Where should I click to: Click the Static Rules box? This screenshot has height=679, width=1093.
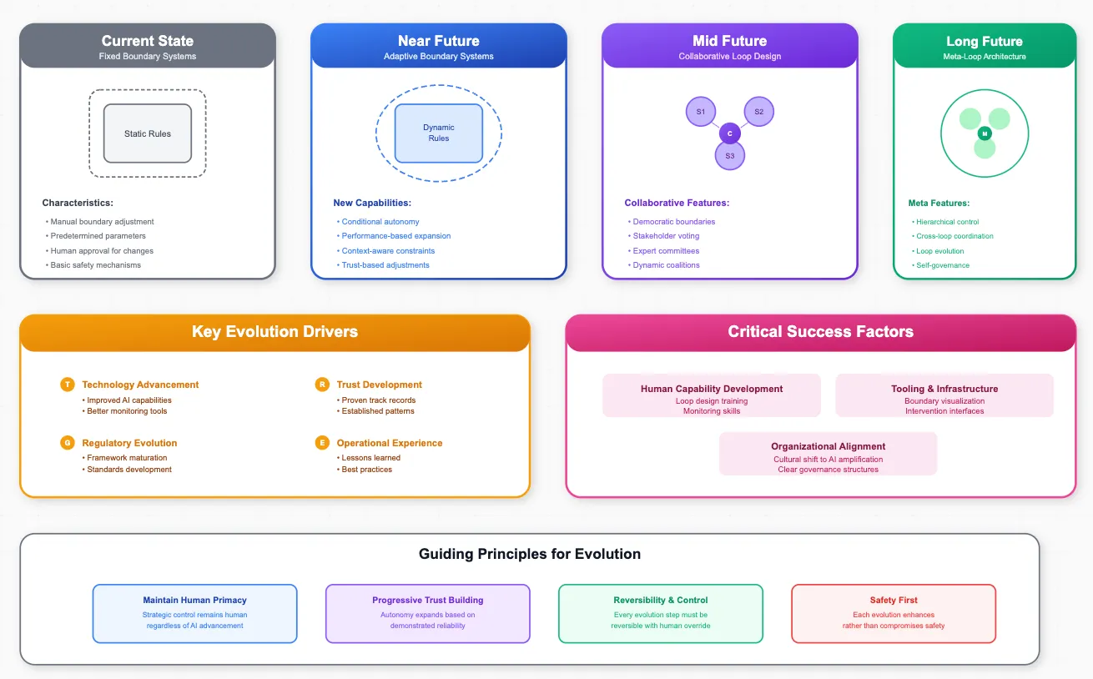[x=148, y=133]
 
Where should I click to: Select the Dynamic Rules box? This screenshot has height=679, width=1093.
[x=439, y=133]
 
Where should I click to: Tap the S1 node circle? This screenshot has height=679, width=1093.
[x=701, y=112]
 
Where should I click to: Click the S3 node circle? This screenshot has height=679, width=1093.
[x=730, y=155]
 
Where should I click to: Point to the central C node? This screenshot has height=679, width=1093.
[x=730, y=133]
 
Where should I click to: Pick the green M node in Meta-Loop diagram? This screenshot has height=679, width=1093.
[x=985, y=133]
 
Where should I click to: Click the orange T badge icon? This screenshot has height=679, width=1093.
[x=68, y=385]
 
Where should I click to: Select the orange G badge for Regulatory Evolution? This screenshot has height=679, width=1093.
[x=68, y=443]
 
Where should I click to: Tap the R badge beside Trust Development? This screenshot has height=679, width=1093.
[x=322, y=385]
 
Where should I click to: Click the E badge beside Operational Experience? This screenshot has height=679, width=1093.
[x=322, y=443]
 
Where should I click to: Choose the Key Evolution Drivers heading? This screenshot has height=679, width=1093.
[x=275, y=332]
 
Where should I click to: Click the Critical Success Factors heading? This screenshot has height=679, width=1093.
[x=820, y=332]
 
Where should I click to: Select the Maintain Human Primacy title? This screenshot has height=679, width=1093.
[x=194, y=600]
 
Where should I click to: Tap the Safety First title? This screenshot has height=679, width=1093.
[x=894, y=600]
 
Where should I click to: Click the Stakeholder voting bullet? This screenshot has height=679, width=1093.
[x=666, y=236]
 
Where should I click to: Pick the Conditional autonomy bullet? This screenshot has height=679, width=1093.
[x=380, y=222]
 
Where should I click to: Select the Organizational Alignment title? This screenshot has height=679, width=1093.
[x=828, y=446]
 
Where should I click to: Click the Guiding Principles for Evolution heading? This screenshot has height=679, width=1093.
[x=530, y=554]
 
